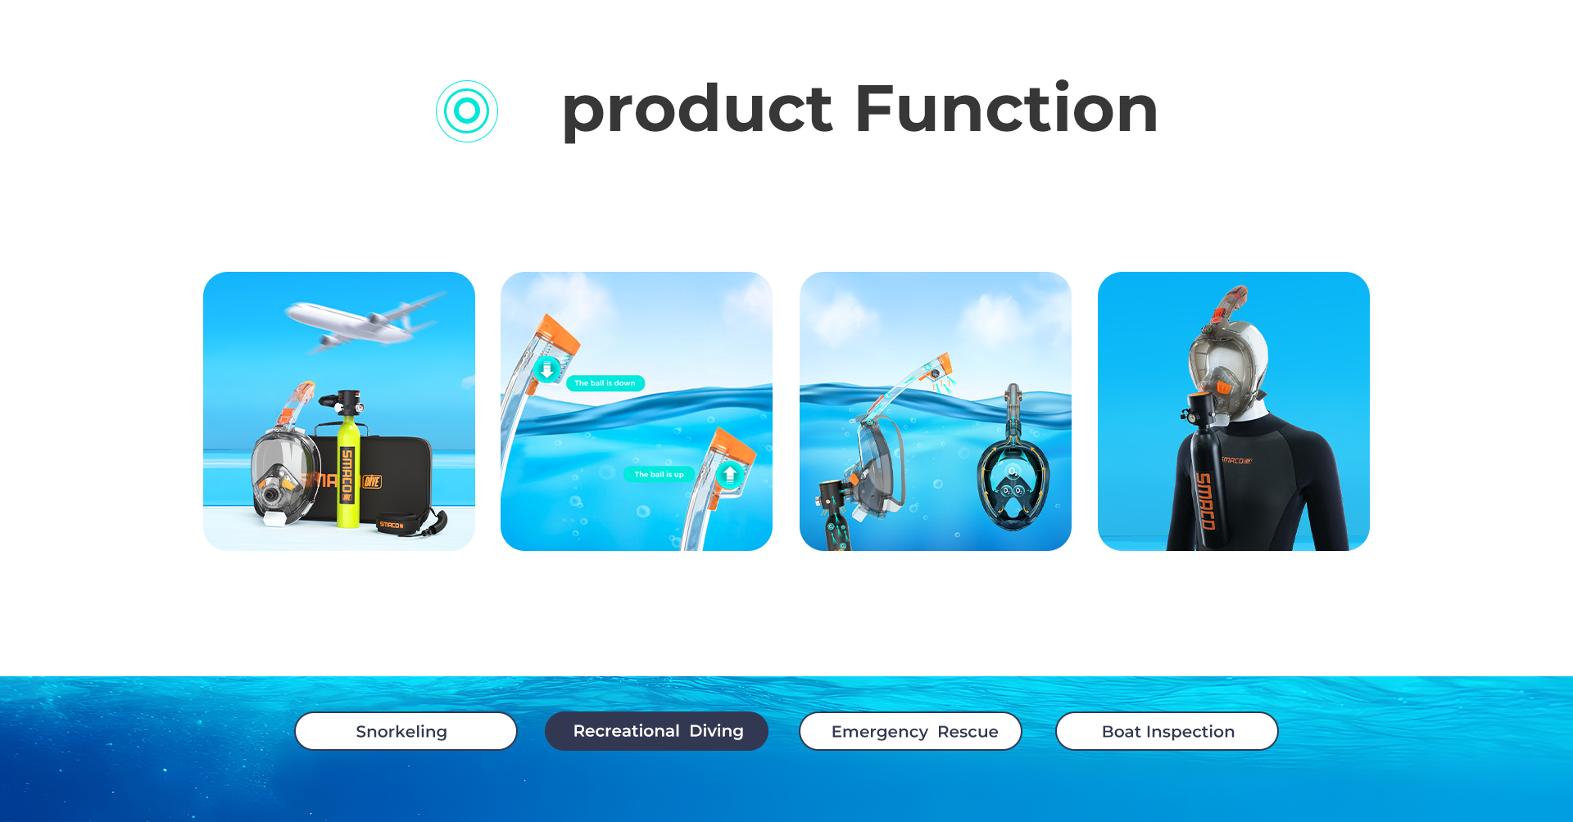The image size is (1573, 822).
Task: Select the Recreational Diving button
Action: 656,731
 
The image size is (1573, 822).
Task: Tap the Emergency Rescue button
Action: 910,731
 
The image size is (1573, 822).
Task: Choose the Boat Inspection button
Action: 1167,731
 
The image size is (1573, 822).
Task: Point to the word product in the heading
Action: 697,112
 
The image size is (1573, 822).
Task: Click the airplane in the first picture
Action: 365,323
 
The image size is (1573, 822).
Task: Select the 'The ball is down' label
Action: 605,383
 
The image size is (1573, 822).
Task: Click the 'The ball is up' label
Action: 660,475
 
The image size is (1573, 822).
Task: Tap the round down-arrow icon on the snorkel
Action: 546,370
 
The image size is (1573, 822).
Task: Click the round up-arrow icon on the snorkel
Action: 730,474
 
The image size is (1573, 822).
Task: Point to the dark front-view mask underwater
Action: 1013,475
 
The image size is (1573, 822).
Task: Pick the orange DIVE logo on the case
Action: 372,481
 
